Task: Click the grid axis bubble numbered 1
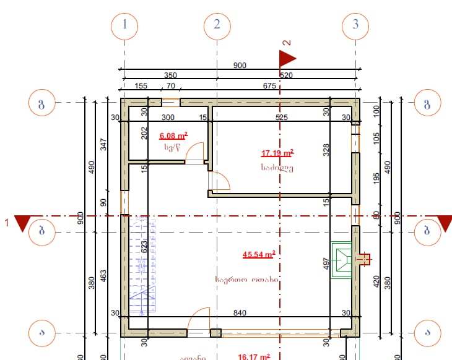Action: point(125,25)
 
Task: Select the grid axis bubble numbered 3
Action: point(355,25)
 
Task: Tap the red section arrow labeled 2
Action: point(287,58)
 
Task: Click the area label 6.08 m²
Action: point(173,135)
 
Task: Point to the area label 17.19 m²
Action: point(277,153)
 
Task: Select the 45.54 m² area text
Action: point(259,254)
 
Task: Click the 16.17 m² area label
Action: point(254,356)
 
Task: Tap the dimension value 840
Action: point(239,313)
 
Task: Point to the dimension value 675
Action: point(269,87)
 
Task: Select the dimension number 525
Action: point(282,118)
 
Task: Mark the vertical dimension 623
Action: point(144,249)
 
